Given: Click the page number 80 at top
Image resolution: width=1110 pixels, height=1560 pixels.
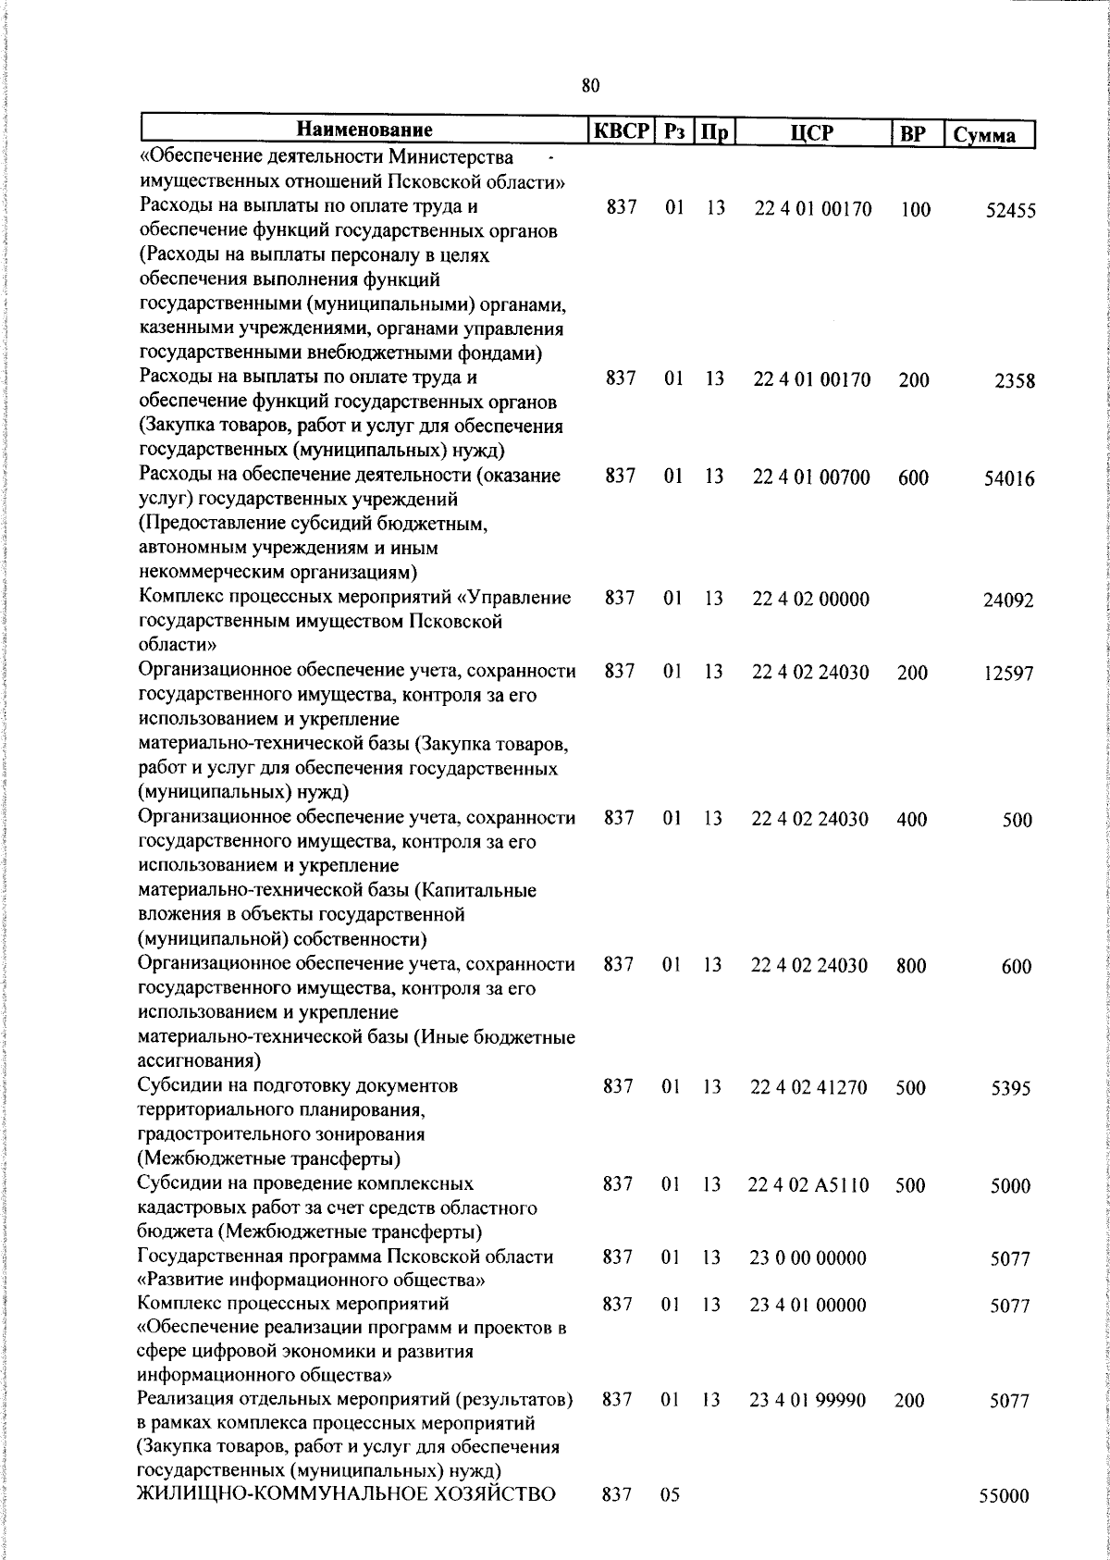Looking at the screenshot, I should [x=591, y=85].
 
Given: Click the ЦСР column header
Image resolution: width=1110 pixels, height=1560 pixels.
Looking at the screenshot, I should [x=812, y=133].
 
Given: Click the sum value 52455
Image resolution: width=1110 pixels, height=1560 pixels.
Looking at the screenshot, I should [x=1009, y=211].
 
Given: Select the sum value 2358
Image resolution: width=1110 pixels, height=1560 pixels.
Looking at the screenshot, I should [x=1014, y=381].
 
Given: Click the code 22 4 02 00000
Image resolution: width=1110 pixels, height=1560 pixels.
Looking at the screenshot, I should [x=810, y=600].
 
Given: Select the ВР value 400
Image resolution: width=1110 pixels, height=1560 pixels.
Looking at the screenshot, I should [x=912, y=820].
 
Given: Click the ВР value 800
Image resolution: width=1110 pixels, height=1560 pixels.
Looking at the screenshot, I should [x=911, y=966].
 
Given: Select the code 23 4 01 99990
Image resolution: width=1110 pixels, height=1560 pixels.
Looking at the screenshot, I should [x=808, y=1401].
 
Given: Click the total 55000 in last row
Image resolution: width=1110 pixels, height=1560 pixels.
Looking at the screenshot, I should [x=1004, y=1497].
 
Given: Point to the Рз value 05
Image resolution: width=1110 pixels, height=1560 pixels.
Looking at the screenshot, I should [x=671, y=1496].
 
